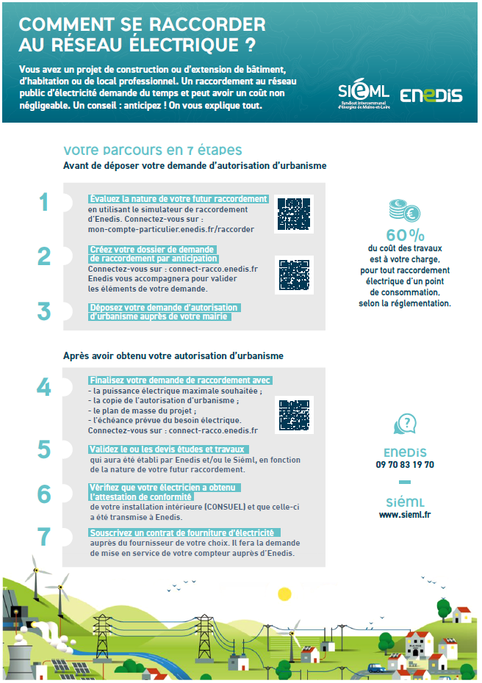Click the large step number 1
(x=44, y=202)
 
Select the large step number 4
(x=44, y=387)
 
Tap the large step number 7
(x=44, y=536)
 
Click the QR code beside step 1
(x=294, y=214)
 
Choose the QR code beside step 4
(x=294, y=415)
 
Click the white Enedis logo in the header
(x=431, y=95)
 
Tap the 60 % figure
(x=405, y=236)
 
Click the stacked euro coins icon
(x=404, y=212)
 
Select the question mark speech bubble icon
(x=405, y=425)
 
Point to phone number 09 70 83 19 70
(x=405, y=465)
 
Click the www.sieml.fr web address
(x=405, y=515)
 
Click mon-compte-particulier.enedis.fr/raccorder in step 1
(x=170, y=229)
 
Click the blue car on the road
(x=375, y=668)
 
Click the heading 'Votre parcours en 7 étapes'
(x=153, y=151)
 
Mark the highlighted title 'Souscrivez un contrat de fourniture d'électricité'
(x=181, y=532)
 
